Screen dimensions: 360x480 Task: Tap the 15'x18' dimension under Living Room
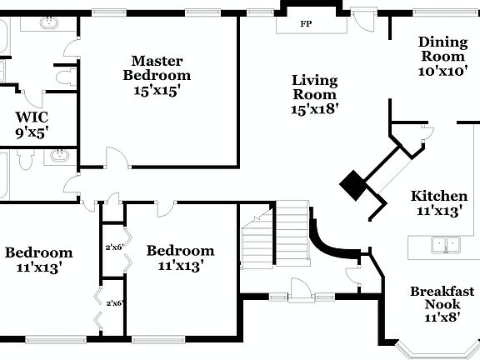(x=314, y=108)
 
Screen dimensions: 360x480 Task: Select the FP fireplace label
(x=306, y=24)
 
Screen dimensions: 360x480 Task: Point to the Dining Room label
(x=442, y=49)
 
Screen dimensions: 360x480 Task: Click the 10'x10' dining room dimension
(x=442, y=72)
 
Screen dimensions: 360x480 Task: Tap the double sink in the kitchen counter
(x=446, y=244)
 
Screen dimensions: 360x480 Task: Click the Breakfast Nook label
(x=442, y=297)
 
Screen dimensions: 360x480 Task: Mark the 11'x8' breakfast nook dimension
(x=442, y=317)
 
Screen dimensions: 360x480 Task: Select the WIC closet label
(x=31, y=117)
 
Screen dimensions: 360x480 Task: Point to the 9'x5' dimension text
(x=31, y=131)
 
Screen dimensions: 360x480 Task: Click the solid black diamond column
(x=353, y=185)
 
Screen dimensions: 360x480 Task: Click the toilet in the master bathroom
(x=62, y=77)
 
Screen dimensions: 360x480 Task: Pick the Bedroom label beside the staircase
(x=180, y=251)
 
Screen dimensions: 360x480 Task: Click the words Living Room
(x=314, y=87)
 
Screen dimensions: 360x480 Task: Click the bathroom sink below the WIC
(x=58, y=156)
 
